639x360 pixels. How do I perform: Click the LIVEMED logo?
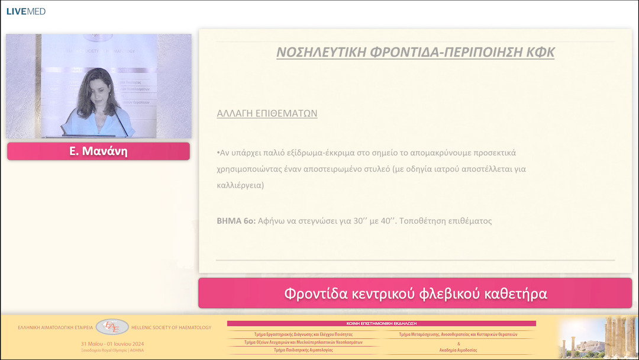click(26, 11)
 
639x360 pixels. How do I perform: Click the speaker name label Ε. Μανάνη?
click(98, 152)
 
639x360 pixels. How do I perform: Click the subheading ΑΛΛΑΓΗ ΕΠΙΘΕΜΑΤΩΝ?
click(267, 113)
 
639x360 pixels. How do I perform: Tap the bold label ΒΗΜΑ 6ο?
click(236, 221)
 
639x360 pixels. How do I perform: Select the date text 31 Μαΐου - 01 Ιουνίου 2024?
click(112, 344)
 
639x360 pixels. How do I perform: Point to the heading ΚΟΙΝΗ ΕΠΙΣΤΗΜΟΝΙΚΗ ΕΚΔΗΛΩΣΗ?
click(382, 324)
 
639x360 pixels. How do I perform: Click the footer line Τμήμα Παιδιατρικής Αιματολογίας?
click(303, 350)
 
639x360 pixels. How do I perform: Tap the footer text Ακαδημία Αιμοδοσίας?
click(459, 350)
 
